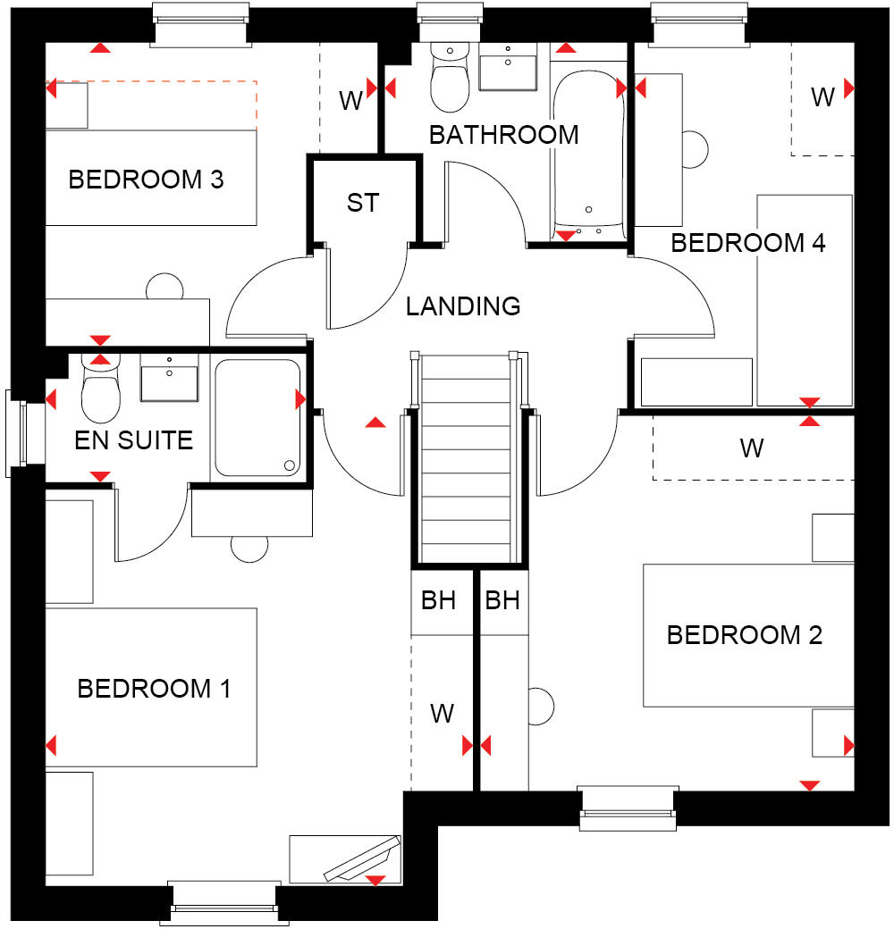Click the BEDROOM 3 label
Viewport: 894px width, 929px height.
coord(146,180)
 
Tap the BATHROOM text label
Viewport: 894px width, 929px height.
coord(503,135)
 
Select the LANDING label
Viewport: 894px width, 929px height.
coord(462,306)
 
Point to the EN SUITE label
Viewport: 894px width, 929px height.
coord(133,439)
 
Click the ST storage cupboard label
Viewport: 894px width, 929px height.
coord(362,203)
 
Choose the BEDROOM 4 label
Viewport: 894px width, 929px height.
coord(747,243)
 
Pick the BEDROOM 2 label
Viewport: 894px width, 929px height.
coord(744,635)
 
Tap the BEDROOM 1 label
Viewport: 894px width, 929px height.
coord(154,689)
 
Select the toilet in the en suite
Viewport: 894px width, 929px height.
coord(100,393)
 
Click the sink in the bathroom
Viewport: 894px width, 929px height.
coord(508,64)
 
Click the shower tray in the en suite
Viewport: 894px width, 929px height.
coord(257,417)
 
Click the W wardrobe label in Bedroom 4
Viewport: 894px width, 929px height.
coord(822,96)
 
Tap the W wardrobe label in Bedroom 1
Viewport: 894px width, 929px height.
coord(443,713)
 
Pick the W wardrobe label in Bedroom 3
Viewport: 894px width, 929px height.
coord(350,101)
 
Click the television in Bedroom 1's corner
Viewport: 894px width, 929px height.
coord(362,858)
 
